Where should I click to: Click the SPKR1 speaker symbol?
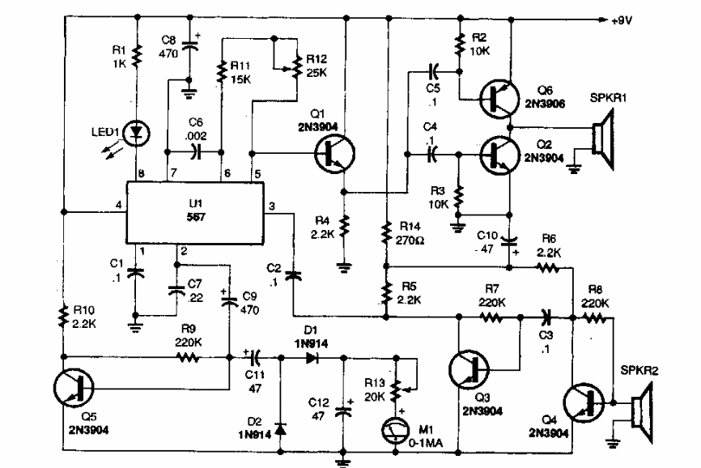click(601, 138)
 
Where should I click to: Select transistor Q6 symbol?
click(499, 97)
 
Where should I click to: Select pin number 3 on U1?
click(272, 206)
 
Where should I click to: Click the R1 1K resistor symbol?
click(137, 55)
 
